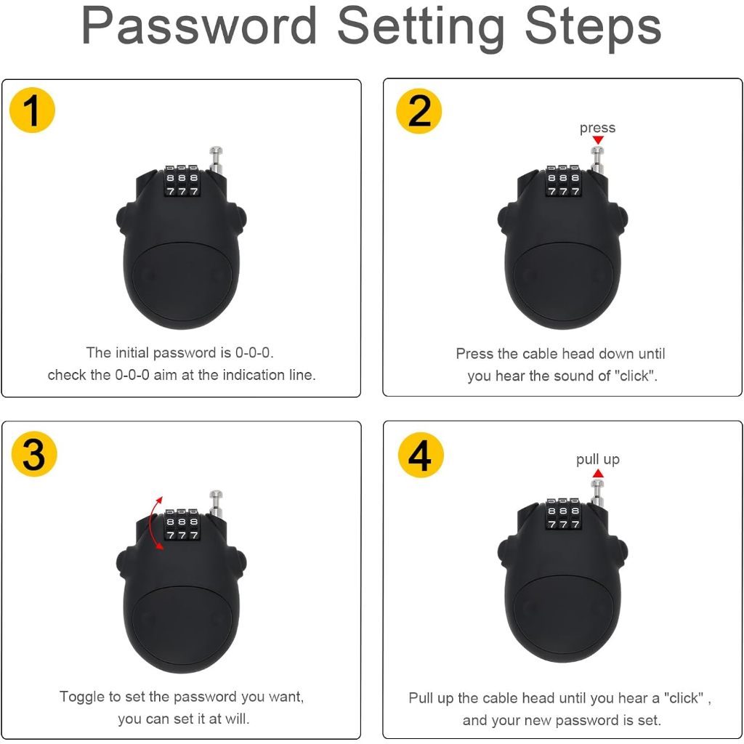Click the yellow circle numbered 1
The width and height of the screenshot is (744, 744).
click(32, 110)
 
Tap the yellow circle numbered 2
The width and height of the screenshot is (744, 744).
click(419, 110)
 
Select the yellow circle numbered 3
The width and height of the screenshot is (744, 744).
click(34, 454)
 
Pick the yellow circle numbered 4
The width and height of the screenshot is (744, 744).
click(421, 455)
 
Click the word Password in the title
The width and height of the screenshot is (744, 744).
click(199, 25)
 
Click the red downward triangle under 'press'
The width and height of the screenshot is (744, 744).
click(598, 140)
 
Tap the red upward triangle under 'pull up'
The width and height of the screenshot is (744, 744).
click(598, 473)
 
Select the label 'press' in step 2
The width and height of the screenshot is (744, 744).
click(597, 128)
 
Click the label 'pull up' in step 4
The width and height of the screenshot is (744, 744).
click(598, 459)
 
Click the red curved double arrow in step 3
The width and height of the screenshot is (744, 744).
click(152, 523)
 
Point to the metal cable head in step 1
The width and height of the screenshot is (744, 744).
click(216, 161)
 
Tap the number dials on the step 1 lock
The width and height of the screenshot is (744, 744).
click(182, 181)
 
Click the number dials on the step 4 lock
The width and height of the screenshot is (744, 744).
click(563, 514)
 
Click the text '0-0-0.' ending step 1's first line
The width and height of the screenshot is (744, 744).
click(254, 352)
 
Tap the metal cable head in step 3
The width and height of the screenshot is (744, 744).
click(216, 504)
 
